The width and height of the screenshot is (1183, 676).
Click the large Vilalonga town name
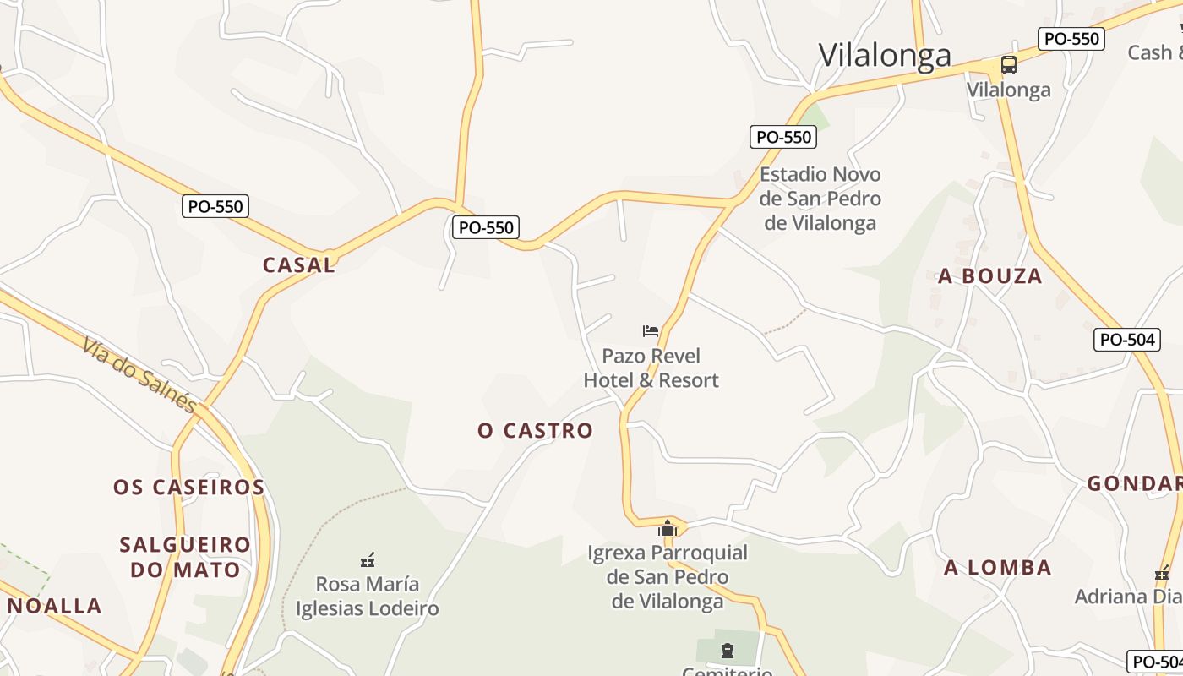(885, 55)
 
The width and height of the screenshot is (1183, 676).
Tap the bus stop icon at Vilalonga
(1008, 65)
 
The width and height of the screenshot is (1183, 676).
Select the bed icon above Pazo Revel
(650, 330)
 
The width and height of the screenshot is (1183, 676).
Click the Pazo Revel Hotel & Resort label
(651, 368)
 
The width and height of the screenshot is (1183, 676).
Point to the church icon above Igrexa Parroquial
(668, 528)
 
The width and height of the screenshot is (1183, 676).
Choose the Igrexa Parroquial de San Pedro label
(668, 577)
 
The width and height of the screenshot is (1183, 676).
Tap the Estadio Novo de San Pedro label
(820, 199)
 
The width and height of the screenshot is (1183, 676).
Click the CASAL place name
(299, 264)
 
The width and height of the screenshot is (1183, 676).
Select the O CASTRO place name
(536, 431)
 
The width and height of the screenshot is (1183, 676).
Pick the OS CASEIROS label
(189, 488)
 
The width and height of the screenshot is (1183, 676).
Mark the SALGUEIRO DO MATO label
(185, 557)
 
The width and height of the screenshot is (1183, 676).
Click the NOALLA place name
(55, 606)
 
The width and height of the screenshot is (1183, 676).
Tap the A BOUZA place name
(990, 276)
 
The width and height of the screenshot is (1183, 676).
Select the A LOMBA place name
(998, 567)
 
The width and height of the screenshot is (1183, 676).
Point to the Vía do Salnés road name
(139, 373)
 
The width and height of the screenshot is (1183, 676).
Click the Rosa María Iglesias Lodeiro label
(367, 596)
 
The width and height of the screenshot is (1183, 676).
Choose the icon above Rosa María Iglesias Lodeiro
(368, 559)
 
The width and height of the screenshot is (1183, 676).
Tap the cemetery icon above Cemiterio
(728, 651)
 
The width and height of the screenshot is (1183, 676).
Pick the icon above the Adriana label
(1163, 574)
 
